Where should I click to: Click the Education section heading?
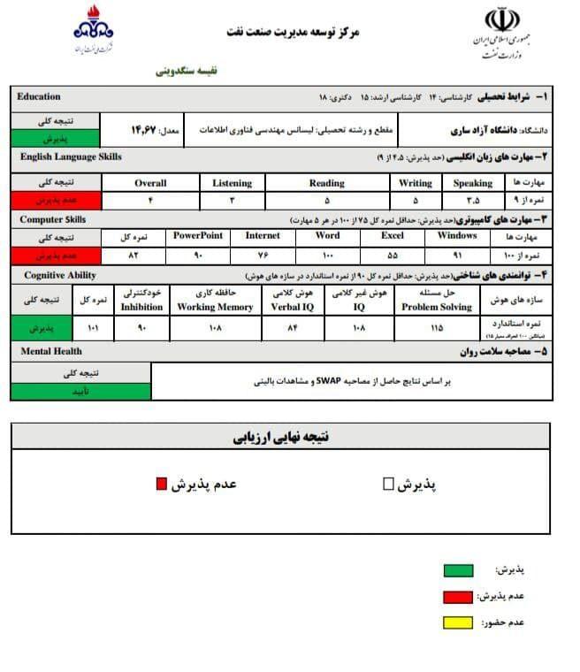(x=39, y=96)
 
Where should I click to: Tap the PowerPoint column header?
(x=197, y=236)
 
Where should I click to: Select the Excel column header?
(x=393, y=236)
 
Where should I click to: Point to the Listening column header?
(x=232, y=183)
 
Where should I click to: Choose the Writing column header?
(x=416, y=183)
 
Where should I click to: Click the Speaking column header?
(x=473, y=183)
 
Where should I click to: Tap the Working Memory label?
(x=228, y=307)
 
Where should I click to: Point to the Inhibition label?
(x=141, y=307)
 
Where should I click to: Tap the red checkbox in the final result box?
(x=161, y=483)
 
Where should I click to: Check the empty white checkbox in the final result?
(x=388, y=484)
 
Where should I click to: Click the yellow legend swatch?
(x=457, y=622)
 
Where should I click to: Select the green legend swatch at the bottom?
(x=457, y=570)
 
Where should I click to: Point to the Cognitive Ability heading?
(x=58, y=276)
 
